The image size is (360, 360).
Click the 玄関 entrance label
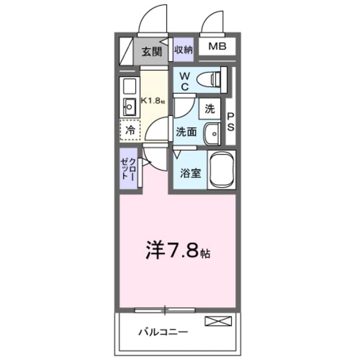coord(152,52)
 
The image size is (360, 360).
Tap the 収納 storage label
coord(183,50)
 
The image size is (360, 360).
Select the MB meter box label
coord(217,46)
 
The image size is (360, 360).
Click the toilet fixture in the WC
coord(215,79)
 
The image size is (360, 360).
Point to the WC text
coord(185,81)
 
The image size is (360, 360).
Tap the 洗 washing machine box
coord(210,109)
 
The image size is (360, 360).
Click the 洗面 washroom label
coord(186,132)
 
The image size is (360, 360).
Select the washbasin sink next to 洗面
coord(212,133)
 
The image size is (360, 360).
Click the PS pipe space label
coord(231,121)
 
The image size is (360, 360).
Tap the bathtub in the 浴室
coord(221,170)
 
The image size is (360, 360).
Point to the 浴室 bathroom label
coord(190,174)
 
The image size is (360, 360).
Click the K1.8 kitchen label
coord(153,101)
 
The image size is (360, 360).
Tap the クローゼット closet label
coord(129,168)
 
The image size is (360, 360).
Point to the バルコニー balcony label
coord(163,331)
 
